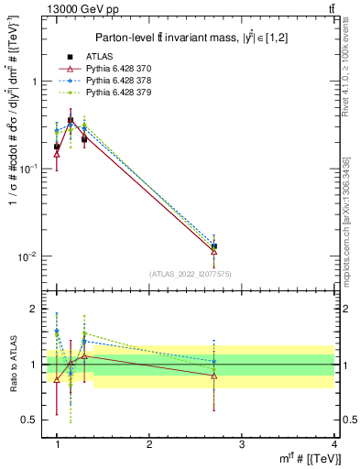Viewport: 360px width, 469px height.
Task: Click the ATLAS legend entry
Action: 98,57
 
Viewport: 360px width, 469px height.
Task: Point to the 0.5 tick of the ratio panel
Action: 29,420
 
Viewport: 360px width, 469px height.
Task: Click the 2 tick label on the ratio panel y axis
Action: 34,309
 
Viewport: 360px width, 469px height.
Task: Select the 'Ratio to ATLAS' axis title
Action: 11,364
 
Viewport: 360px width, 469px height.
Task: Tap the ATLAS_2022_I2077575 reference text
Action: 191,274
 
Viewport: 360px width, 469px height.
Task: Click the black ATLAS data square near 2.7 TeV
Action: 213,246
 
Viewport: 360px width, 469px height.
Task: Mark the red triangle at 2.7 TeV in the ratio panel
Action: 213,376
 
